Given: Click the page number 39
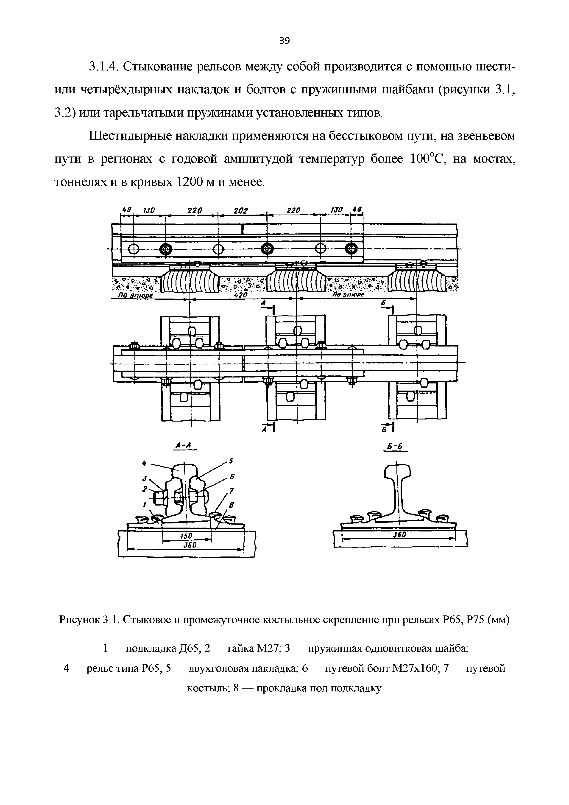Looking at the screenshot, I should (x=284, y=41).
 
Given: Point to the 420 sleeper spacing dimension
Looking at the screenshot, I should (x=241, y=296).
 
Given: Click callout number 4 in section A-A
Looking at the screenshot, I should (x=144, y=464).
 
